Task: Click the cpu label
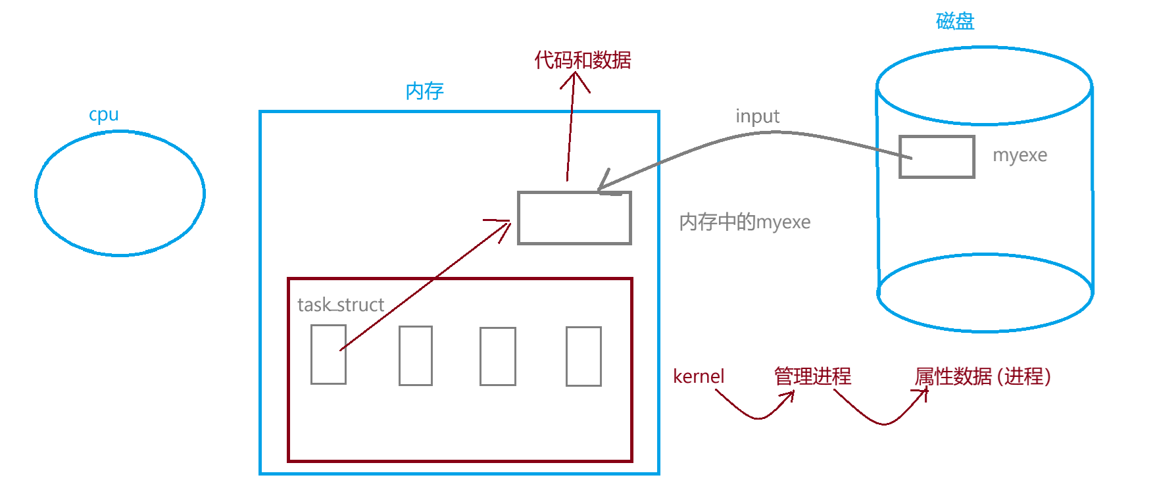point(104,114)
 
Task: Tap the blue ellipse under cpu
point(120,193)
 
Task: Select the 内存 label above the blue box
point(424,91)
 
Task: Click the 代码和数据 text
point(582,60)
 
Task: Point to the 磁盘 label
point(955,21)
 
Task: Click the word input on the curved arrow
point(757,116)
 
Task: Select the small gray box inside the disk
point(937,157)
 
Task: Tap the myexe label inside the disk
point(1019,155)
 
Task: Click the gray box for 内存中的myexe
point(574,218)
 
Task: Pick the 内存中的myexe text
point(745,222)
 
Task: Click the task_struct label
point(341,305)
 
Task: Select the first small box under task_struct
point(328,355)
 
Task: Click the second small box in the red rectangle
point(416,355)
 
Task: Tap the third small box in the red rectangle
point(498,356)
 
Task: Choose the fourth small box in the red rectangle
point(583,356)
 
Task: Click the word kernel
point(699,376)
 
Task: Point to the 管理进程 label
point(812,376)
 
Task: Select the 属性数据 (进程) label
point(982,376)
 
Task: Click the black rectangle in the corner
point(1064,470)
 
